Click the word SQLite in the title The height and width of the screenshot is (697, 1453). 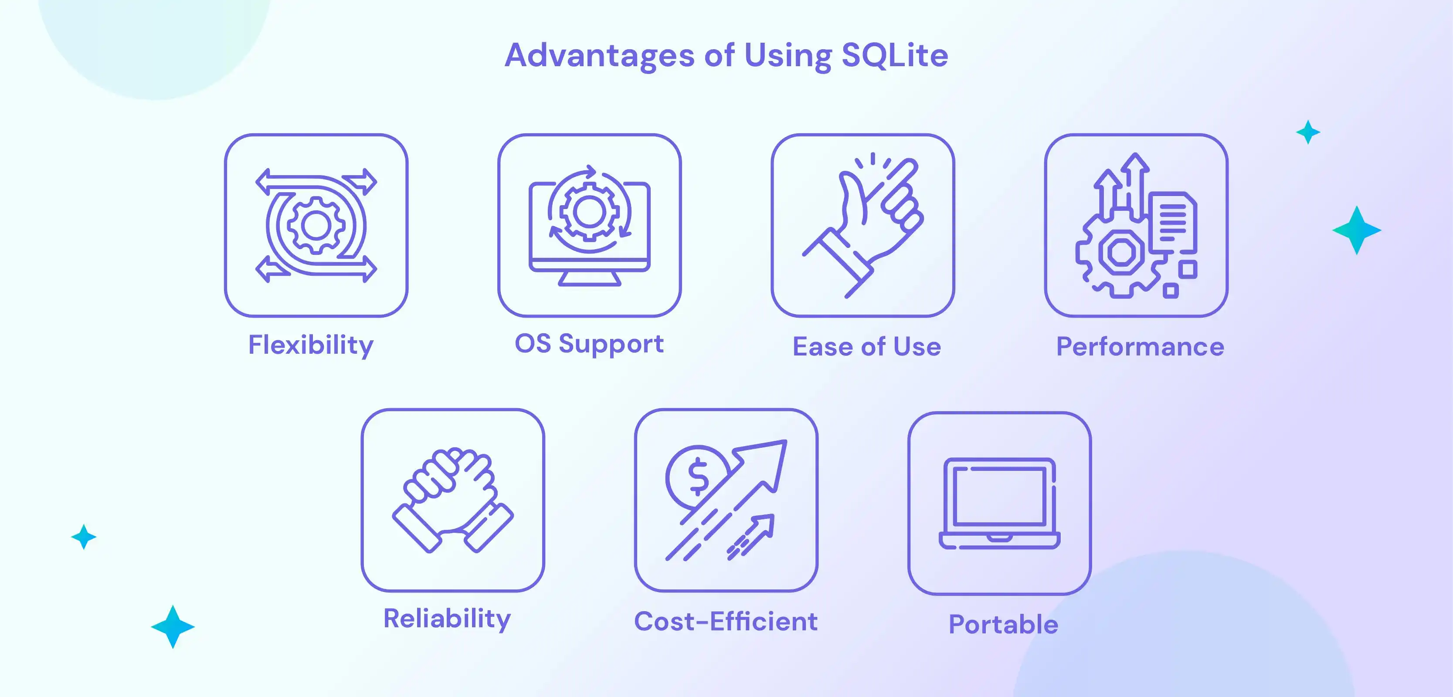(x=895, y=55)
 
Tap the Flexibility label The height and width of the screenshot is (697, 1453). (x=311, y=345)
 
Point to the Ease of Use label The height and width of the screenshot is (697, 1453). (x=866, y=346)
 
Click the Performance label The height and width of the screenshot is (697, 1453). (x=1140, y=346)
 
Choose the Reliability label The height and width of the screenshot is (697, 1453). (x=447, y=619)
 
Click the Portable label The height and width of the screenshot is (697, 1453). (x=1003, y=624)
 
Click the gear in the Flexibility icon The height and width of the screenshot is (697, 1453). (x=316, y=226)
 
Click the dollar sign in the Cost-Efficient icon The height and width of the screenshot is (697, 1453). (x=698, y=477)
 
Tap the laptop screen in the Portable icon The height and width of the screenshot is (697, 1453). (x=999, y=496)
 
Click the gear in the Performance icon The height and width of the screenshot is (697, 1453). (x=1121, y=253)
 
